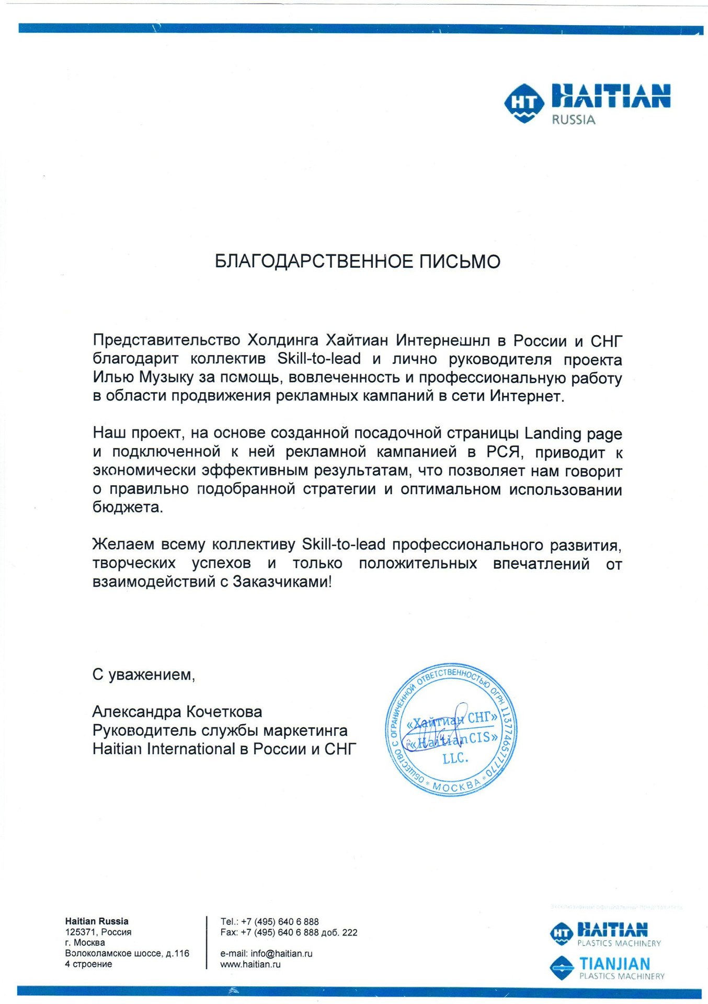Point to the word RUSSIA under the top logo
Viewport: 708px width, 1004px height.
coord(574,120)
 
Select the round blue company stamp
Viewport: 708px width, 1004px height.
coord(452,732)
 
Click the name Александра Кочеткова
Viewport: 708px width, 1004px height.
coord(177,712)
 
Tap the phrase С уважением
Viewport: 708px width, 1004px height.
coord(144,675)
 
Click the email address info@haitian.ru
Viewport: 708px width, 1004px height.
coord(281,953)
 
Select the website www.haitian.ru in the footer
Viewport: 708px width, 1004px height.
coord(250,964)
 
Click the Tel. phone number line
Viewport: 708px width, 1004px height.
coord(269,921)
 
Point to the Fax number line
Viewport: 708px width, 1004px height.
coord(289,932)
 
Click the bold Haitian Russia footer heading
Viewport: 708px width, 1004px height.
coord(97,921)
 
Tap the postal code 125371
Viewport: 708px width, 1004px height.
coord(81,932)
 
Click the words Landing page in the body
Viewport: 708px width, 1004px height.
coord(573,433)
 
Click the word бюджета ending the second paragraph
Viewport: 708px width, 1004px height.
coord(128,507)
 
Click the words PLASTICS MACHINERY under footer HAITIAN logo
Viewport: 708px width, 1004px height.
coord(619,943)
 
